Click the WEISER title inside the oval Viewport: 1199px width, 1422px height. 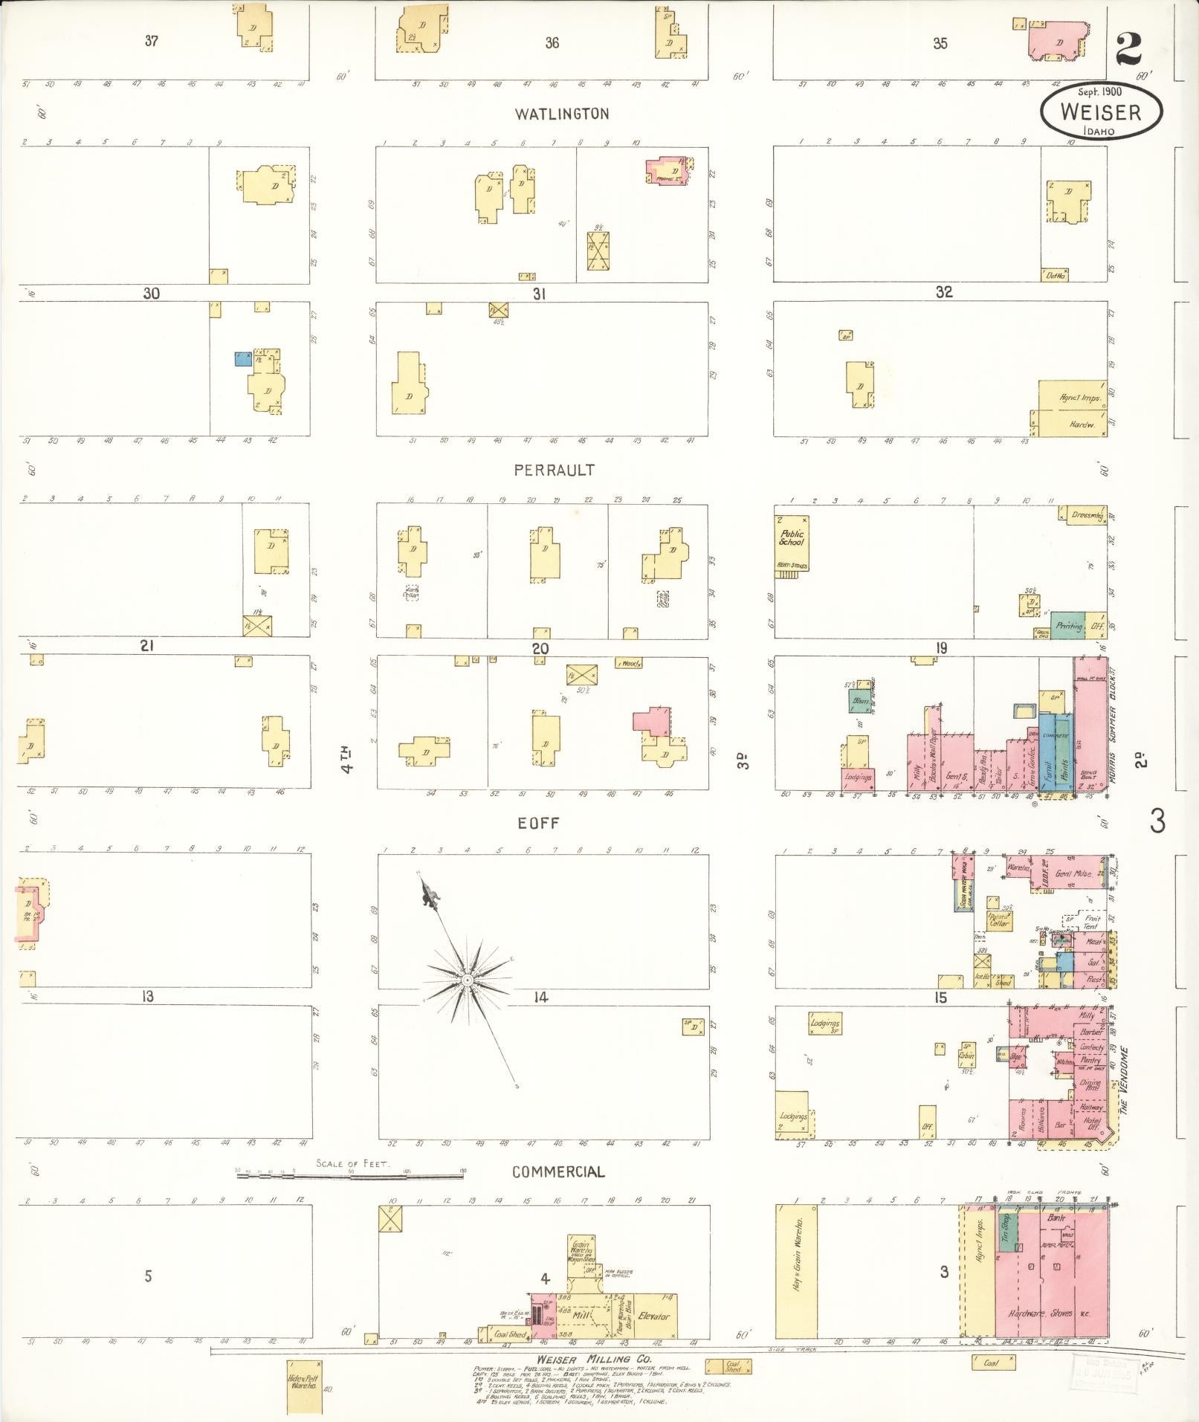point(1101,112)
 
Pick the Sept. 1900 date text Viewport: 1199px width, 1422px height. point(1100,91)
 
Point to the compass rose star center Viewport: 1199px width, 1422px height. point(467,981)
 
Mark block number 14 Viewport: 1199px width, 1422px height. point(540,998)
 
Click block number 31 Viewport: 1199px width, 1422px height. point(540,294)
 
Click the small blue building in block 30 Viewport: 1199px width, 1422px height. point(242,359)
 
